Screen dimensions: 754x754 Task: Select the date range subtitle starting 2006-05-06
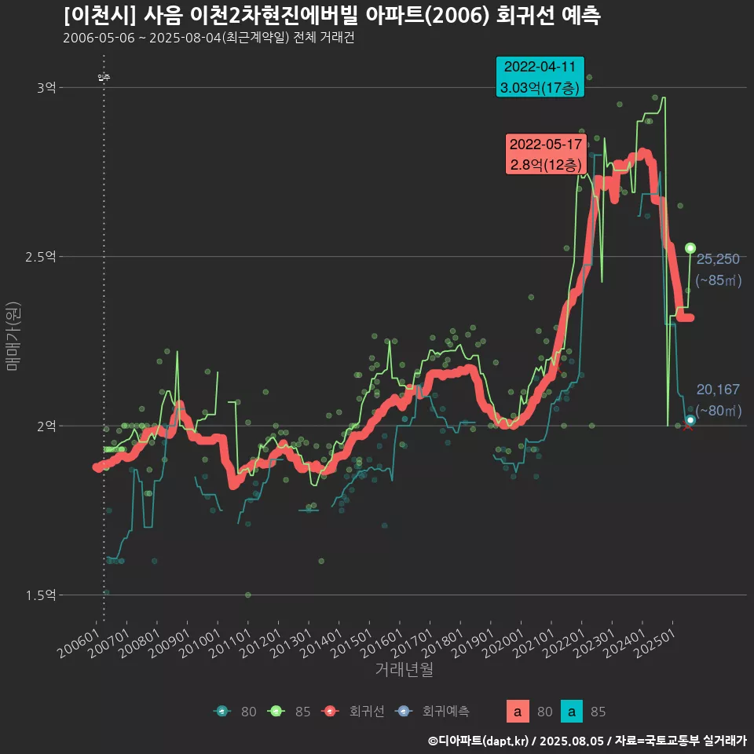pos(209,38)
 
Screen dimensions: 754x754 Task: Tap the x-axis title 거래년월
pos(404,669)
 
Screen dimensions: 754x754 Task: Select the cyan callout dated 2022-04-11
pos(540,76)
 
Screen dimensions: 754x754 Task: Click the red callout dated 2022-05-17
pos(545,154)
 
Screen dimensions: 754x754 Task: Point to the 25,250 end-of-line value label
pos(718,260)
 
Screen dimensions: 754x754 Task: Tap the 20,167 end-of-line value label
pos(718,390)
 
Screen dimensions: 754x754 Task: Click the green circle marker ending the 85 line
pos(690,248)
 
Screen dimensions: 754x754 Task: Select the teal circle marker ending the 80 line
pos(690,420)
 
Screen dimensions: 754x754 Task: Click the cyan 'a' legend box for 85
pos(574,712)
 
